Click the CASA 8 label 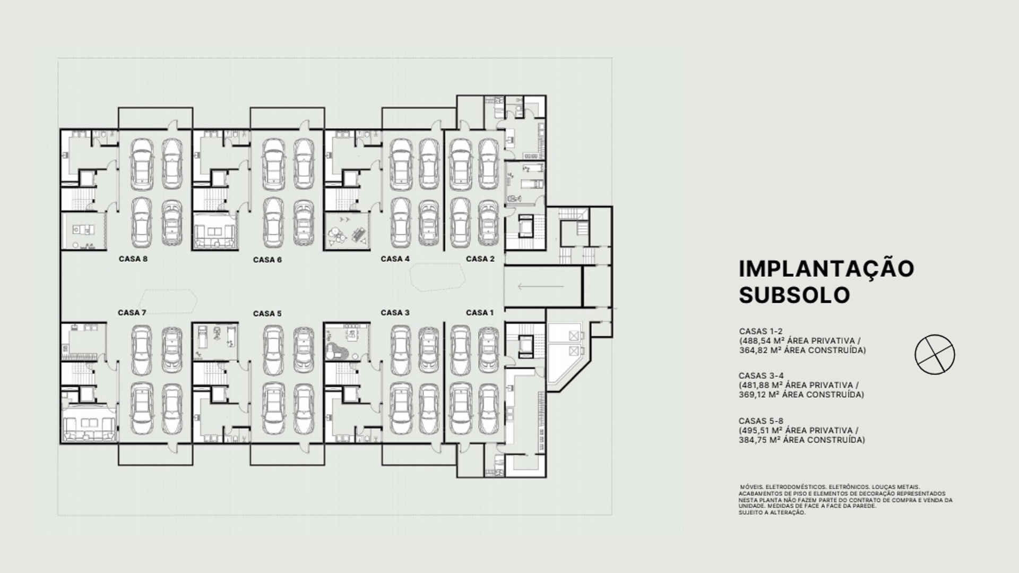[x=133, y=259]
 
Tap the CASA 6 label [x=267, y=260]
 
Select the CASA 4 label [x=395, y=259]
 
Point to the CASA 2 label [x=480, y=259]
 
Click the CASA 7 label [x=132, y=313]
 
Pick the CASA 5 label [x=267, y=314]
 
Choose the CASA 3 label [x=395, y=313]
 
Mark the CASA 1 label [x=480, y=313]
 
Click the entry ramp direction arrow [x=540, y=287]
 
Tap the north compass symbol [x=935, y=354]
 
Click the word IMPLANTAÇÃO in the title [x=826, y=268]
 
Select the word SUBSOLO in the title [x=794, y=295]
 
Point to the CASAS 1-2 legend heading [x=761, y=331]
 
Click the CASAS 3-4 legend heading [x=761, y=376]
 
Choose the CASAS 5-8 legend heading [x=761, y=421]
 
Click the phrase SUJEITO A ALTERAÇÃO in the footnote [x=772, y=513]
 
